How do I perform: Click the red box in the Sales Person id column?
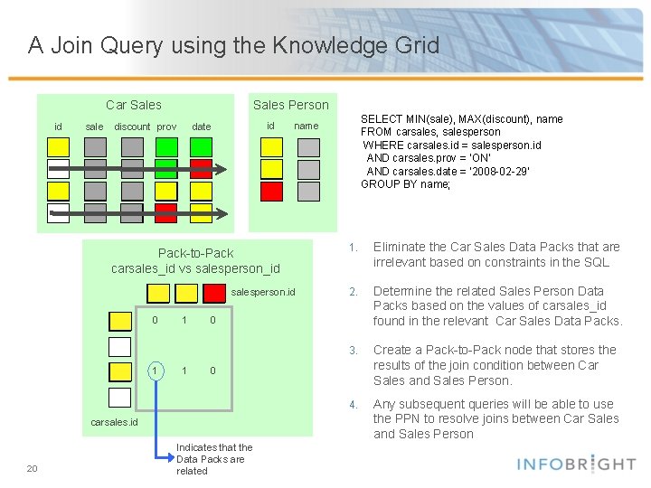click(x=272, y=192)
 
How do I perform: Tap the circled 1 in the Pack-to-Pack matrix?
click(x=156, y=371)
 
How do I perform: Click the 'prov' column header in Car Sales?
click(x=167, y=127)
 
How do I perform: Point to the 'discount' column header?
click(x=132, y=127)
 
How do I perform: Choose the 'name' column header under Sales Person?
click(x=307, y=126)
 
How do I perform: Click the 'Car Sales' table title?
click(x=134, y=105)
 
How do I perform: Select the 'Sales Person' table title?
click(x=291, y=105)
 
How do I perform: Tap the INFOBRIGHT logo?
click(x=577, y=464)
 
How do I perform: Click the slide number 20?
click(x=33, y=468)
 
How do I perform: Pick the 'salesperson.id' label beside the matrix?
click(x=263, y=293)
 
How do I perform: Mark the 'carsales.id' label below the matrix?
click(x=115, y=422)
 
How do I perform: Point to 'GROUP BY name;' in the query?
click(x=405, y=184)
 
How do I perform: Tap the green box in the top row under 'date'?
click(x=201, y=146)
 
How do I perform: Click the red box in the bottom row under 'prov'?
click(x=165, y=212)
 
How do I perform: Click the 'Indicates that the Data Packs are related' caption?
click(x=214, y=459)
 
